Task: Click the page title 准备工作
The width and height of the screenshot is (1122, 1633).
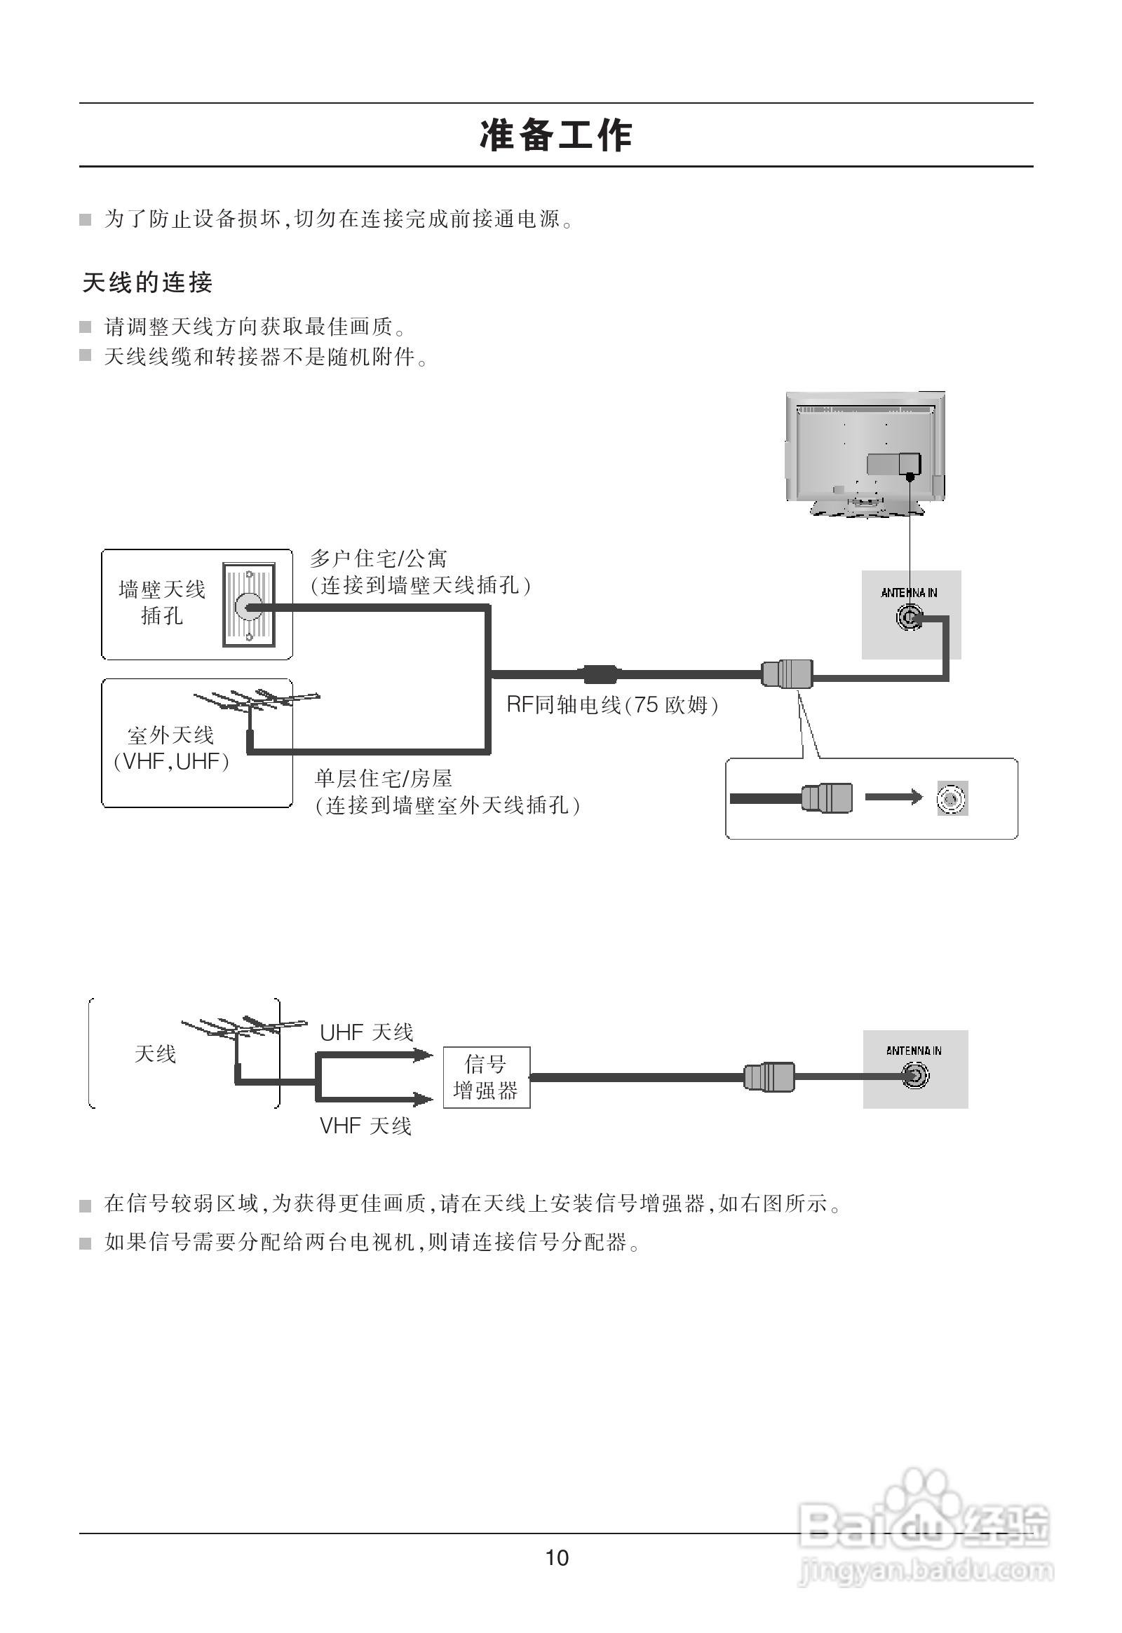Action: click(556, 135)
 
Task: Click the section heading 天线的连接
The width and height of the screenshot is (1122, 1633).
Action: click(148, 282)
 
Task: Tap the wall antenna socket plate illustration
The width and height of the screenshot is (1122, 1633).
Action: click(249, 604)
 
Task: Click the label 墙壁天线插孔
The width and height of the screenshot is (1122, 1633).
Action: click(162, 602)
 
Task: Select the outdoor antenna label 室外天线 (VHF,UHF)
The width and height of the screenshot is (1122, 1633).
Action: click(171, 749)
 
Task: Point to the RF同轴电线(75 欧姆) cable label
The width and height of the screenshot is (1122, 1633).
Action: click(612, 705)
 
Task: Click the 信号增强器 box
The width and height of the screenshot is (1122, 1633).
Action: click(486, 1077)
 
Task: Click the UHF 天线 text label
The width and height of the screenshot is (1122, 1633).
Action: click(366, 1032)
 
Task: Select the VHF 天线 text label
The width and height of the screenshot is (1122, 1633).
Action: click(365, 1126)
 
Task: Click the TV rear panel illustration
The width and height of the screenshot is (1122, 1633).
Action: click(865, 453)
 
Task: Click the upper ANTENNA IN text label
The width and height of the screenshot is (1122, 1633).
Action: click(909, 593)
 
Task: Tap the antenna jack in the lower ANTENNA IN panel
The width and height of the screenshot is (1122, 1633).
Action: click(915, 1076)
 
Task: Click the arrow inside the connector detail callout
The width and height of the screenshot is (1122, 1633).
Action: click(893, 797)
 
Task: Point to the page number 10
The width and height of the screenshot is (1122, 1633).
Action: click(557, 1559)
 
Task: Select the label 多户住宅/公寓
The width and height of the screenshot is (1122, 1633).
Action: click(378, 559)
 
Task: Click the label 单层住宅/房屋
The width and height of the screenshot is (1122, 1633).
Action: click(383, 779)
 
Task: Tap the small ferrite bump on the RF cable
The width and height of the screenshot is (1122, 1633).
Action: click(599, 674)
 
